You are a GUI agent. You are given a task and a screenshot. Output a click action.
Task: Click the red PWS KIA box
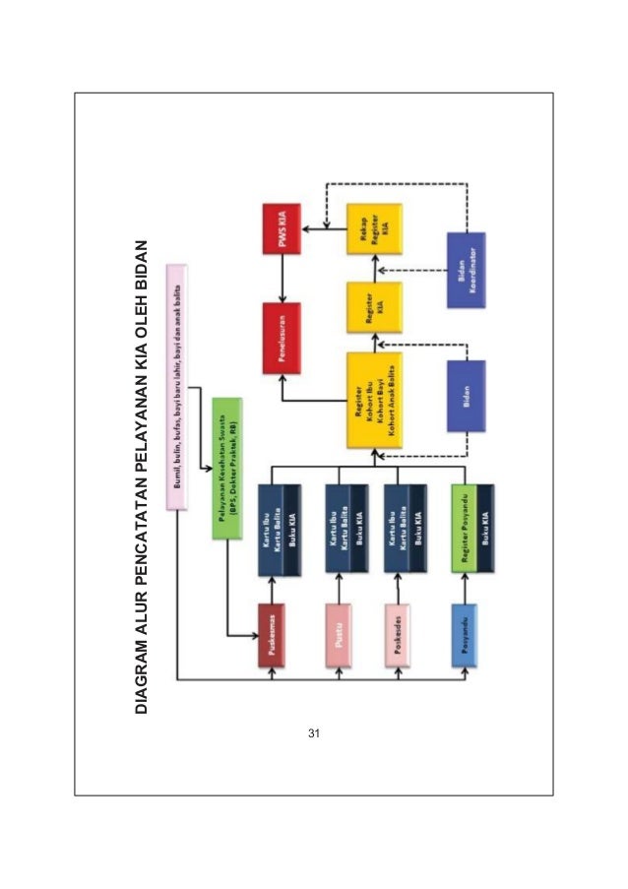(282, 228)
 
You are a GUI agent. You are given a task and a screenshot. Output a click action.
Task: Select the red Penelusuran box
(282, 339)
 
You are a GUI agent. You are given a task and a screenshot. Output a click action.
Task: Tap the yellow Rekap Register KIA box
(374, 228)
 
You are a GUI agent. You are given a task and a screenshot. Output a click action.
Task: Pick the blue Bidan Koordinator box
(466, 269)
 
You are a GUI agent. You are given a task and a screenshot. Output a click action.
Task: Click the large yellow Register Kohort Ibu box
(374, 402)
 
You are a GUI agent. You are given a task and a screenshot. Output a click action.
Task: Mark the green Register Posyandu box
(466, 530)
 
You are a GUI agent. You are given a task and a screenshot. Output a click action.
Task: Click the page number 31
(314, 733)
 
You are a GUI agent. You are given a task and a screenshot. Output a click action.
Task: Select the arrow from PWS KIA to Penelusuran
(282, 282)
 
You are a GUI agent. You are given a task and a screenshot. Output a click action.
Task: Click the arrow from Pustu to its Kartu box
(339, 587)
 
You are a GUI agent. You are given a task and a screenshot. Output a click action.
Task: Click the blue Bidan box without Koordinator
(466, 396)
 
